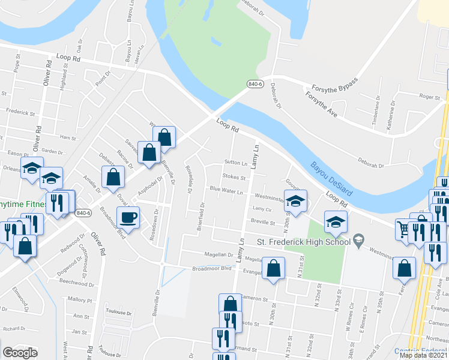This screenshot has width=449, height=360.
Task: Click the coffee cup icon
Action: click(x=130, y=217)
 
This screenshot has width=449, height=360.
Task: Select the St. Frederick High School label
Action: click(x=303, y=242)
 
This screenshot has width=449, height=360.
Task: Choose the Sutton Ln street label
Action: click(x=236, y=163)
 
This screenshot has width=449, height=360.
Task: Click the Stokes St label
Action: click(x=234, y=178)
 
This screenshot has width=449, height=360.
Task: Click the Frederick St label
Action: click(x=18, y=112)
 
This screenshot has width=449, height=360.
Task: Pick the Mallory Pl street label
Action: click(x=78, y=298)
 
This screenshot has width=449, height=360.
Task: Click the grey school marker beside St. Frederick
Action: click(x=358, y=239)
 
